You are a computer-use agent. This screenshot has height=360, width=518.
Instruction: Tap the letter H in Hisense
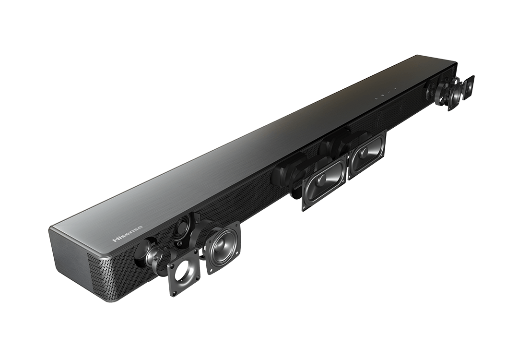point(115,240)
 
